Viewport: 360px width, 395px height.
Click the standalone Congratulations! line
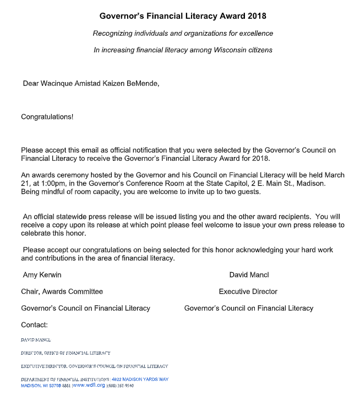click(47, 117)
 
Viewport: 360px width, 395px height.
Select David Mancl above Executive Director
click(249, 274)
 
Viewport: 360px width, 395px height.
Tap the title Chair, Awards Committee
click(62, 291)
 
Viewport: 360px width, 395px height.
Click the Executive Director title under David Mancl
click(248, 291)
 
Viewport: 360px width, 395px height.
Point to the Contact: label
click(34, 324)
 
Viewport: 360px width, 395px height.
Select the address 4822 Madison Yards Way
click(140, 379)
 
